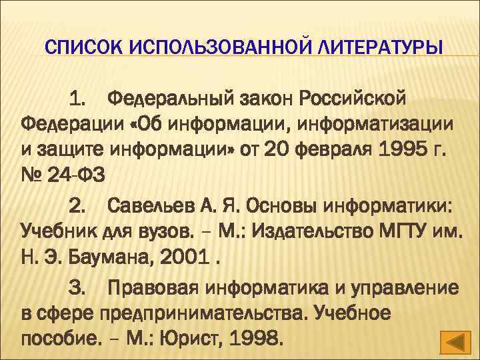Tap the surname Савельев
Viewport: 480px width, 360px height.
[149, 204]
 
